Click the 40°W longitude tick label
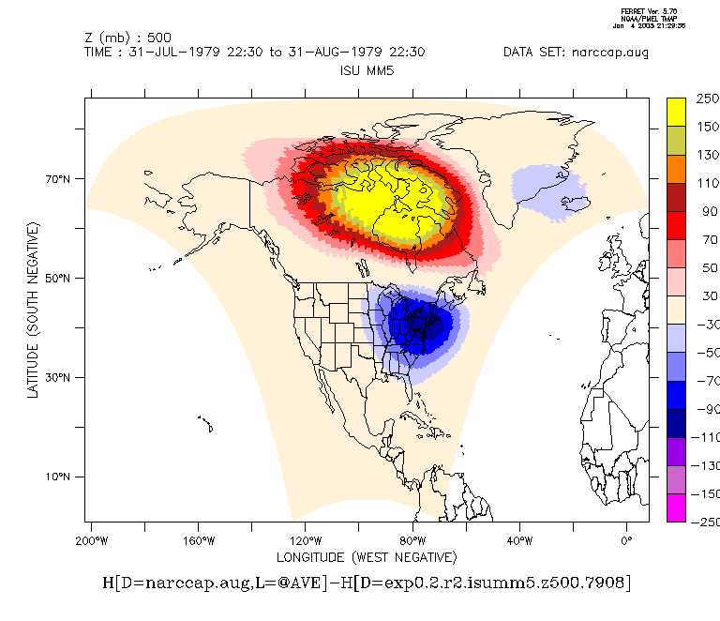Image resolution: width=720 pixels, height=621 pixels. click(x=520, y=540)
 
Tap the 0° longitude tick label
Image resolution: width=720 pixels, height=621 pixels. click(x=627, y=540)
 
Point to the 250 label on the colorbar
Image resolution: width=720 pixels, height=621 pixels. click(x=707, y=98)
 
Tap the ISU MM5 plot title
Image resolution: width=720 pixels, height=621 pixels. click(x=367, y=71)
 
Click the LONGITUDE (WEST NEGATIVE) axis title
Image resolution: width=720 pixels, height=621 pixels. click(x=367, y=557)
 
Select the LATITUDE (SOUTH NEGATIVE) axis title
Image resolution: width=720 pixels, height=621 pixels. click(x=34, y=310)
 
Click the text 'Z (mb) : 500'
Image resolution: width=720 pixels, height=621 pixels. click(x=127, y=38)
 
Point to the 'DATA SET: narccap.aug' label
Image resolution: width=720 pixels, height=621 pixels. click(x=576, y=53)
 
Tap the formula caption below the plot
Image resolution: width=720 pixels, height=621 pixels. click(x=367, y=583)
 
